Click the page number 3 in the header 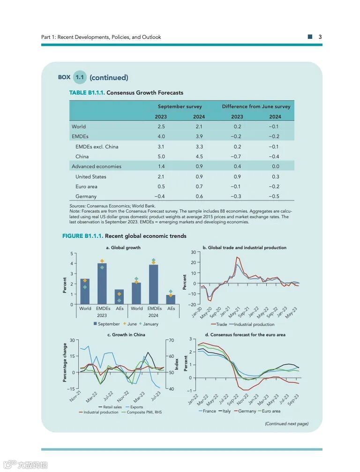pos(320,37)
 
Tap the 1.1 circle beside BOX pos(80,77)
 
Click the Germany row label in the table pos(86,197)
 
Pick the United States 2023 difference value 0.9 pos(237,177)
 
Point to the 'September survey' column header pos(180,106)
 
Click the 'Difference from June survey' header pos(256,106)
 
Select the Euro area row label pos(86,186)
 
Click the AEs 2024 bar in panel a pos(171,299)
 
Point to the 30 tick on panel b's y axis pos(193,252)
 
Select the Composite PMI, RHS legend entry pos(144,412)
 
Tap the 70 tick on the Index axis pos(172,340)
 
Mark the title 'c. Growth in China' pos(126,335)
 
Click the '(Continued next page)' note pos(286,424)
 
